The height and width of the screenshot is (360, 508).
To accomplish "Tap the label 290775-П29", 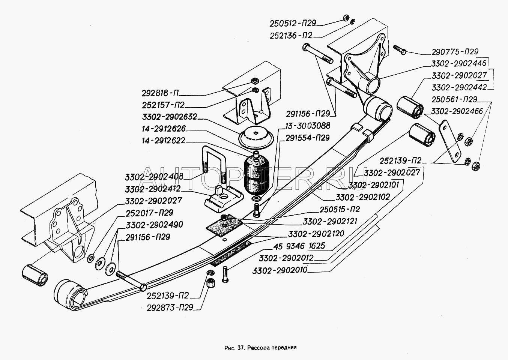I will (455, 52).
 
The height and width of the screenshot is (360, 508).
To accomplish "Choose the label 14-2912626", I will (164, 129).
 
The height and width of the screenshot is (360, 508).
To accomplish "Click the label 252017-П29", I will (149, 213).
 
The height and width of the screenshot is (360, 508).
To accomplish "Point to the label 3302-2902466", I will (459, 111).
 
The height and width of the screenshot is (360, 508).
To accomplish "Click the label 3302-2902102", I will (363, 196).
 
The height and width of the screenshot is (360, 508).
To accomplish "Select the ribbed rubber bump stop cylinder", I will (257, 174).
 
